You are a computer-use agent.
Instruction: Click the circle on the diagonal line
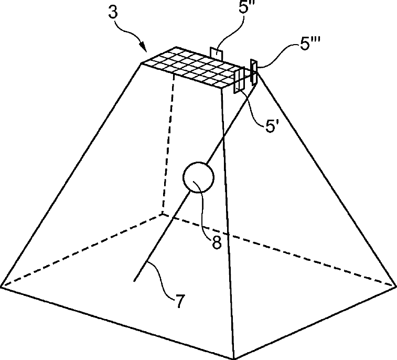pyautogui.click(x=198, y=178)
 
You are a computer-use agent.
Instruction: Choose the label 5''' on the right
pyautogui.click(x=309, y=46)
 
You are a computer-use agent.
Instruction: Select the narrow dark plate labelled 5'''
pyautogui.click(x=254, y=72)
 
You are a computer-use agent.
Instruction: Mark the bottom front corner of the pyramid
pyautogui.click(x=232, y=358)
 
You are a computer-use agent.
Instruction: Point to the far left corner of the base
pyautogui.click(x=2, y=287)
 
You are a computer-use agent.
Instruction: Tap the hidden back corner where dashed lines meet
pyautogui.click(x=163, y=214)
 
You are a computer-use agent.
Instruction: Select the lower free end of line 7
pyautogui.click(x=136, y=281)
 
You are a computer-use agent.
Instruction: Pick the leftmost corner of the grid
pyautogui.click(x=143, y=63)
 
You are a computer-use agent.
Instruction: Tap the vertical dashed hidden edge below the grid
pyautogui.click(x=168, y=142)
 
